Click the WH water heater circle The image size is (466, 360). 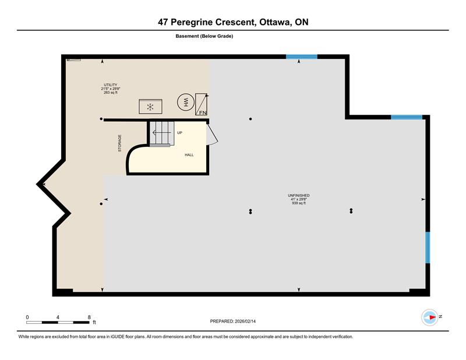click(186, 103)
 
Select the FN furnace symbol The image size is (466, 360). click(202, 104)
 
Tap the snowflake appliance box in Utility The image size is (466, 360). click(150, 107)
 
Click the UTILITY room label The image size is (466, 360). click(111, 84)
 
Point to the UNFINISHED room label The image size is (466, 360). click(299, 195)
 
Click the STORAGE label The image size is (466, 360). click(120, 143)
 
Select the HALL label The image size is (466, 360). click(189, 155)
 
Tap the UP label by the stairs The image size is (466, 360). click(179, 133)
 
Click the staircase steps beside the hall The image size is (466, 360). click(161, 134)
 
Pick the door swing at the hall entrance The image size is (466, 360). click(212, 135)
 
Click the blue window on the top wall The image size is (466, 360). click(302, 57)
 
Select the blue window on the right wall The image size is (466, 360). click(428, 248)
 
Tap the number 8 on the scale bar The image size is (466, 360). click(89, 317)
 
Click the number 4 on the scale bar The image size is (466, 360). click(58, 317)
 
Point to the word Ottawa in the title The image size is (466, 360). click(275, 22)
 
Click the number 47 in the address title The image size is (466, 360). click(163, 22)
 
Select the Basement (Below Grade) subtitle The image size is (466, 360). click(204, 36)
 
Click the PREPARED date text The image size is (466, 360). click(232, 322)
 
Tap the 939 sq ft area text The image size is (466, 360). click(299, 203)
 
